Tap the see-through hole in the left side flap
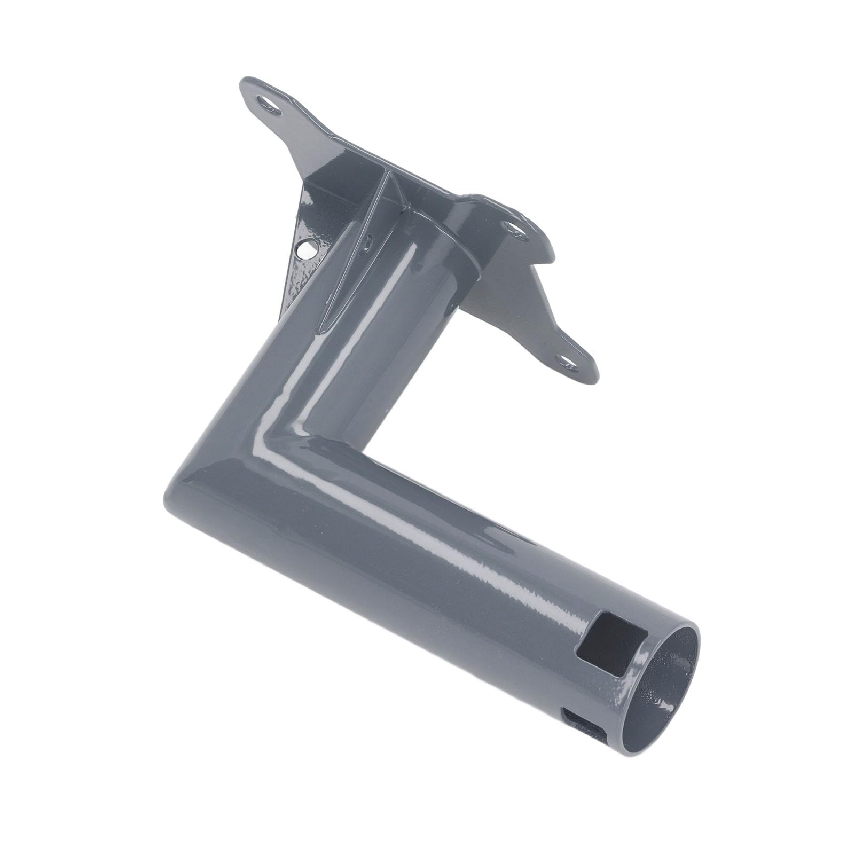(x=306, y=249)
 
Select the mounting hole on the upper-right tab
(x=515, y=231)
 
